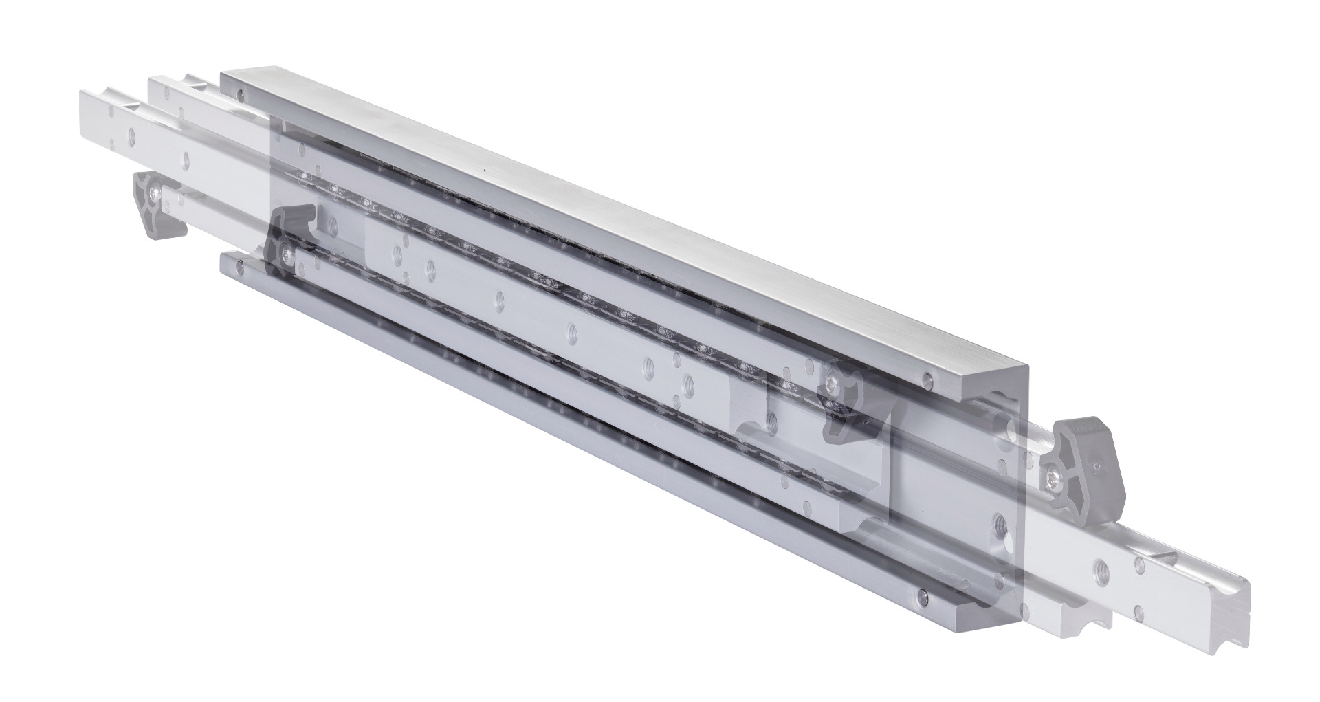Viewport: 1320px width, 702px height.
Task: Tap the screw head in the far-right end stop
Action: coord(1055,474)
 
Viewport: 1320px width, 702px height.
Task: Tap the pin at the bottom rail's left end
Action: coord(238,263)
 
